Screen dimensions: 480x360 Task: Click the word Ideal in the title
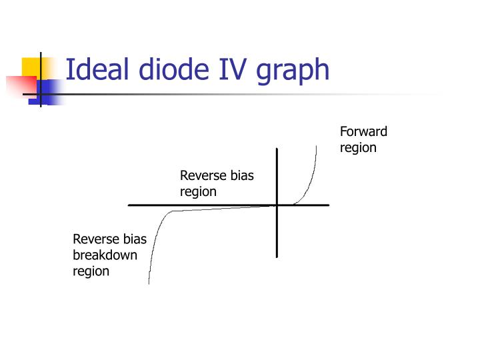coord(97,69)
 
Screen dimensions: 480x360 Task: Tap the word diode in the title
coord(174,69)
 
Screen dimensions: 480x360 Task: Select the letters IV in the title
coord(233,69)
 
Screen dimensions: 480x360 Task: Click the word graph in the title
coord(293,71)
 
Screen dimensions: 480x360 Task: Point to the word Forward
coord(363,131)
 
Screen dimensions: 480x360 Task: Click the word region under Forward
coord(358,148)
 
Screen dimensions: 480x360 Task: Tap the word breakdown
coord(105,255)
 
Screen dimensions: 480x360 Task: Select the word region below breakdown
coord(91,272)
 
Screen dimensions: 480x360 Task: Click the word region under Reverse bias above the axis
coord(198,192)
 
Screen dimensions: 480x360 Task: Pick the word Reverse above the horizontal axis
coord(203,176)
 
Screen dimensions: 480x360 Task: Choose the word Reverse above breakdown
coord(96,239)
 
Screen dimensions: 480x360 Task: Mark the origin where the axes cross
coord(277,205)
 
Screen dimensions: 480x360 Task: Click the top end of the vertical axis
coord(277,149)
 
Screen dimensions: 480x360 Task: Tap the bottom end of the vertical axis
coord(277,257)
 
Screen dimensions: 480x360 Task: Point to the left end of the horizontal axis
coord(129,205)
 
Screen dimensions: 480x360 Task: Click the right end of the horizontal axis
coord(329,205)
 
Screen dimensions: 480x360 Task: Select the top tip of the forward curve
coord(316,146)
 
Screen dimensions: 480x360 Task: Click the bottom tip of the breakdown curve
coord(149,284)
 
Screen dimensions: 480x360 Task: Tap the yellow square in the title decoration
coord(31,67)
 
